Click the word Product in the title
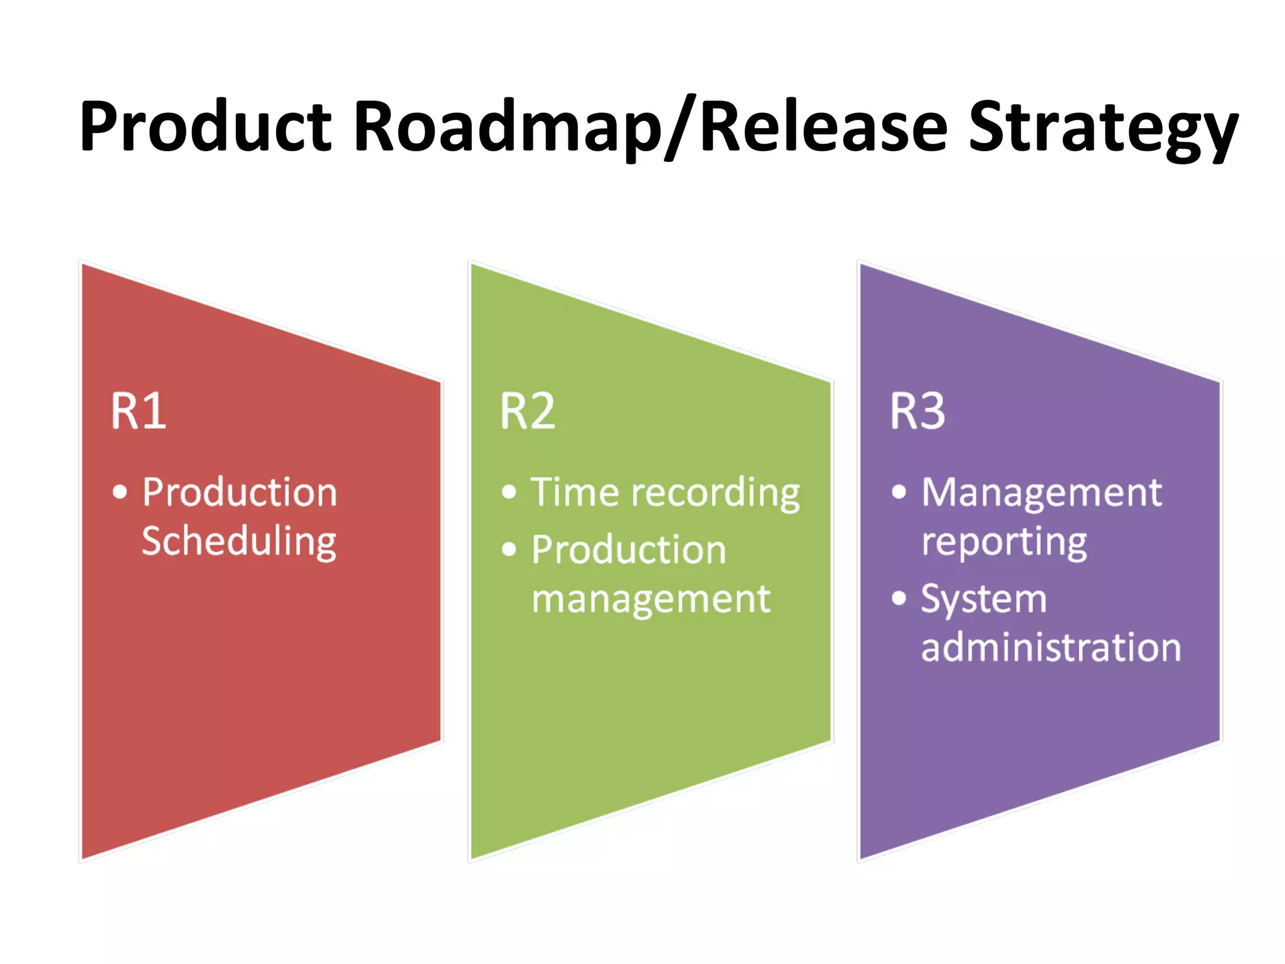click(205, 127)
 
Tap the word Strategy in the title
click(1103, 127)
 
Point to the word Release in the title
click(823, 127)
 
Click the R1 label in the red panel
click(139, 411)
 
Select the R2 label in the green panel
click(528, 411)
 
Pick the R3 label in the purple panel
click(917, 411)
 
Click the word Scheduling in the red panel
click(239, 542)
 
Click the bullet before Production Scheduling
click(120, 491)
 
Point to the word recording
click(715, 493)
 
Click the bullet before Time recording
click(509, 491)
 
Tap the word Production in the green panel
click(629, 550)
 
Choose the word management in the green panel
click(651, 600)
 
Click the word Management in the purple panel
click(1042, 493)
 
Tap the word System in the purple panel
click(984, 599)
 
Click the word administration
click(1051, 648)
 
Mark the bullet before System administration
click(899, 598)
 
